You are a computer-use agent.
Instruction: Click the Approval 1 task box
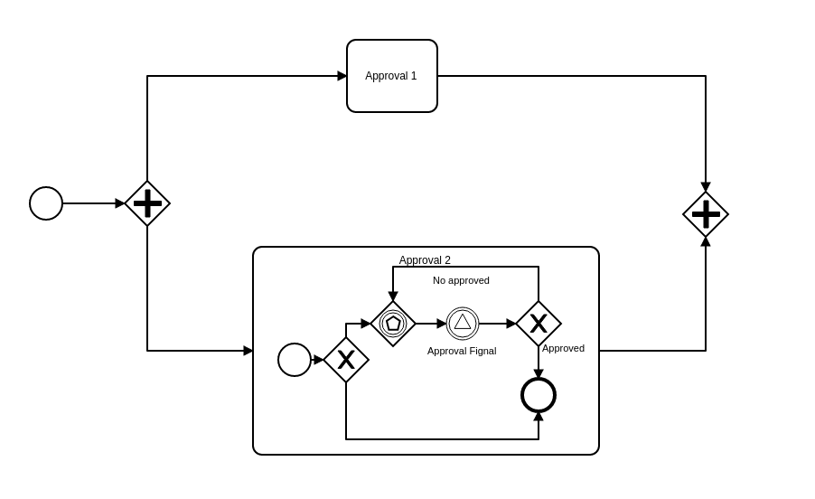[x=391, y=76]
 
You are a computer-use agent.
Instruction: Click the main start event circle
[x=46, y=203]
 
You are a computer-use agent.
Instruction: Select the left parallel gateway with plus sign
[x=147, y=203]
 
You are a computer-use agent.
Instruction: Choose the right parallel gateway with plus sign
[x=706, y=214]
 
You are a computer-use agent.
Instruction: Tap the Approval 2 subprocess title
[x=425, y=260]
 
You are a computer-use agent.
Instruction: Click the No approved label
[x=461, y=280]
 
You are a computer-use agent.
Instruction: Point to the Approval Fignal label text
[x=462, y=351]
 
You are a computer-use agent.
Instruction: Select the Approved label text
[x=563, y=348]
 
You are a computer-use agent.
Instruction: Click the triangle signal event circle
[x=463, y=323]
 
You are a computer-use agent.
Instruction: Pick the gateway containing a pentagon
[x=393, y=324]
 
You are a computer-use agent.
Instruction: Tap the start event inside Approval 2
[x=295, y=360]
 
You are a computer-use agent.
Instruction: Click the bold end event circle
[x=539, y=395]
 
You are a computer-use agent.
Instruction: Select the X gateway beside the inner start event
[x=346, y=360]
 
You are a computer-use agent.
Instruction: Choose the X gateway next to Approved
[x=539, y=324]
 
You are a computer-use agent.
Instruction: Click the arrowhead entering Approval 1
[x=342, y=76]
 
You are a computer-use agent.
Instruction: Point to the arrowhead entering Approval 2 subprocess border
[x=248, y=351]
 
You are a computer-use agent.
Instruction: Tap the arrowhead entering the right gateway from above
[x=706, y=187]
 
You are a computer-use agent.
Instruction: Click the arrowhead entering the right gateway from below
[x=706, y=242]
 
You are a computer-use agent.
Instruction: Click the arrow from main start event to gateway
[x=90, y=203]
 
